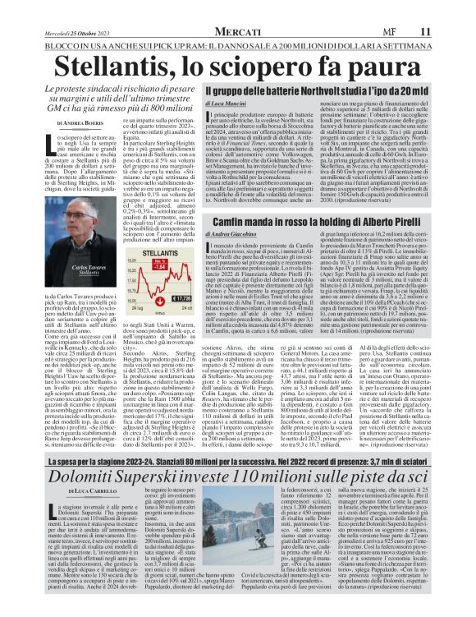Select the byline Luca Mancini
click(x=229, y=105)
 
